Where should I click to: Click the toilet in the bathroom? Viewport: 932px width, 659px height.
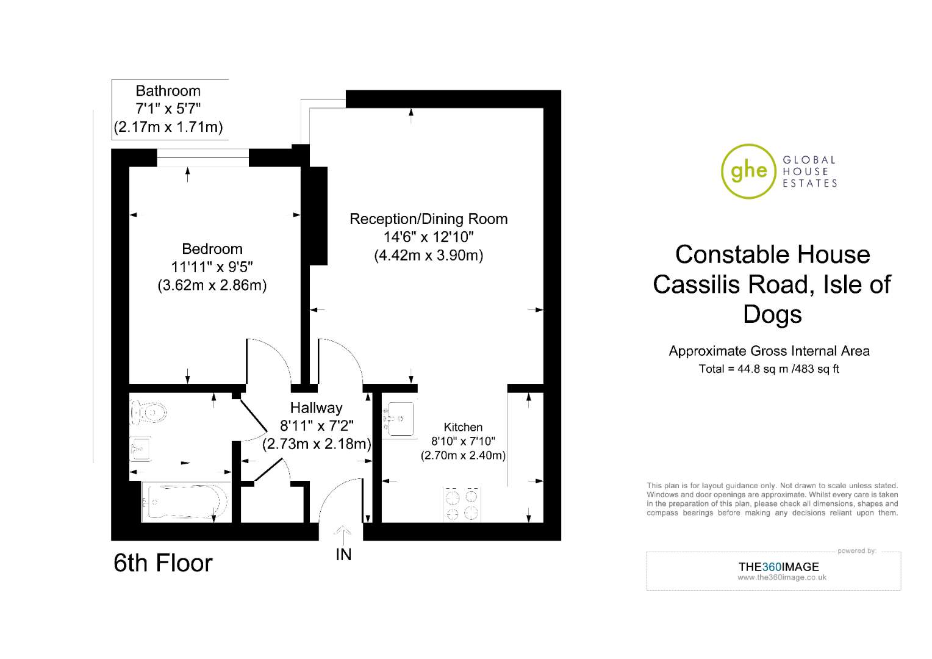[x=149, y=412]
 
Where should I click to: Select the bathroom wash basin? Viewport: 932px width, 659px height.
[x=140, y=448]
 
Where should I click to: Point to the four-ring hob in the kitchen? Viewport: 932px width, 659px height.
[x=462, y=504]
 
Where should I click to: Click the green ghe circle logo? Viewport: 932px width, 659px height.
[x=748, y=171]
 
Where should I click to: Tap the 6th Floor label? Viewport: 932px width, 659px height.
[x=163, y=563]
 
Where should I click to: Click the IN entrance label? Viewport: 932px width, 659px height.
[x=343, y=555]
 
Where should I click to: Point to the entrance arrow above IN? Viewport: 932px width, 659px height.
[x=342, y=536]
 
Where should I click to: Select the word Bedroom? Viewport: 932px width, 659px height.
[x=212, y=249]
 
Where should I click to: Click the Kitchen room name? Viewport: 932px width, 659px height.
[x=463, y=427]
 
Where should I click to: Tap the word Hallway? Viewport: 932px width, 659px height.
[x=316, y=408]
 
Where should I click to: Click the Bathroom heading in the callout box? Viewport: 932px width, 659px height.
[x=168, y=91]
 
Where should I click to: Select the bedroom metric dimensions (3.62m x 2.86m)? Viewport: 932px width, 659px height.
[x=212, y=285]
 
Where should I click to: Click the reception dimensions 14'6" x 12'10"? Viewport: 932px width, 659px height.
[x=429, y=237]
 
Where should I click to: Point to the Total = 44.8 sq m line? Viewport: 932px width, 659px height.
[x=769, y=369]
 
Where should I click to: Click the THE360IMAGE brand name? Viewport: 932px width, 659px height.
[x=778, y=567]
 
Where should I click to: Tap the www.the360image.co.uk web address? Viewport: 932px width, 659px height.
[x=782, y=577]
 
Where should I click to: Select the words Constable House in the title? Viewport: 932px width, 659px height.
[x=773, y=254]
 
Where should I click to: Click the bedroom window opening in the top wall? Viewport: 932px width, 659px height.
[x=203, y=158]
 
